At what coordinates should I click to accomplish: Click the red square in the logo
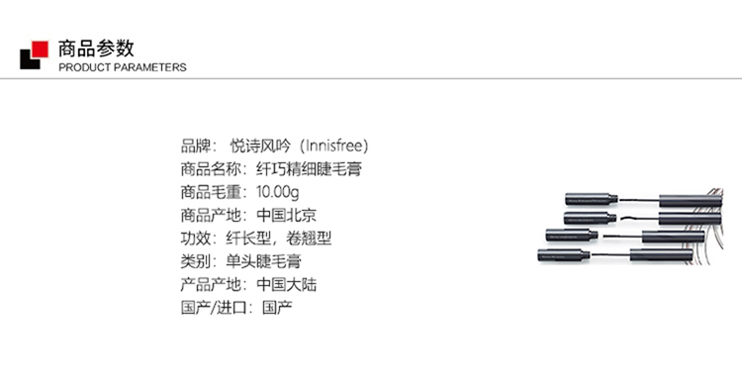[x=40, y=49]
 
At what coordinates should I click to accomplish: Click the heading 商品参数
[x=97, y=48]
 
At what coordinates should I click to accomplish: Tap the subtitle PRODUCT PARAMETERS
[x=123, y=67]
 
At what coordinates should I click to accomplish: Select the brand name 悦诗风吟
[x=260, y=145]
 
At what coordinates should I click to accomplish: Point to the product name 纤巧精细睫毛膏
[x=309, y=169]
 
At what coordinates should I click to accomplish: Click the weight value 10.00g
[x=278, y=192]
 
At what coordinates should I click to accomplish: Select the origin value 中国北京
[x=286, y=216]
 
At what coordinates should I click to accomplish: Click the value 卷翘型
[x=309, y=239]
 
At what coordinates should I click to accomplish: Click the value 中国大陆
[x=286, y=284]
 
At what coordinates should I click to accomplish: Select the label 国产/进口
[x=214, y=308]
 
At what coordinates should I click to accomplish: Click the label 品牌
[x=196, y=145]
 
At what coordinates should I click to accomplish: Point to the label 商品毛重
[x=211, y=192]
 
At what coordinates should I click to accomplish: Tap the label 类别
[x=196, y=261]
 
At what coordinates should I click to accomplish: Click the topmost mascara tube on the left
[x=592, y=199]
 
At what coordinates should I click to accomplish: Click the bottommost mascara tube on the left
[x=564, y=255]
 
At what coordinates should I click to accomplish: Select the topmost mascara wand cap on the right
[x=691, y=200]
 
